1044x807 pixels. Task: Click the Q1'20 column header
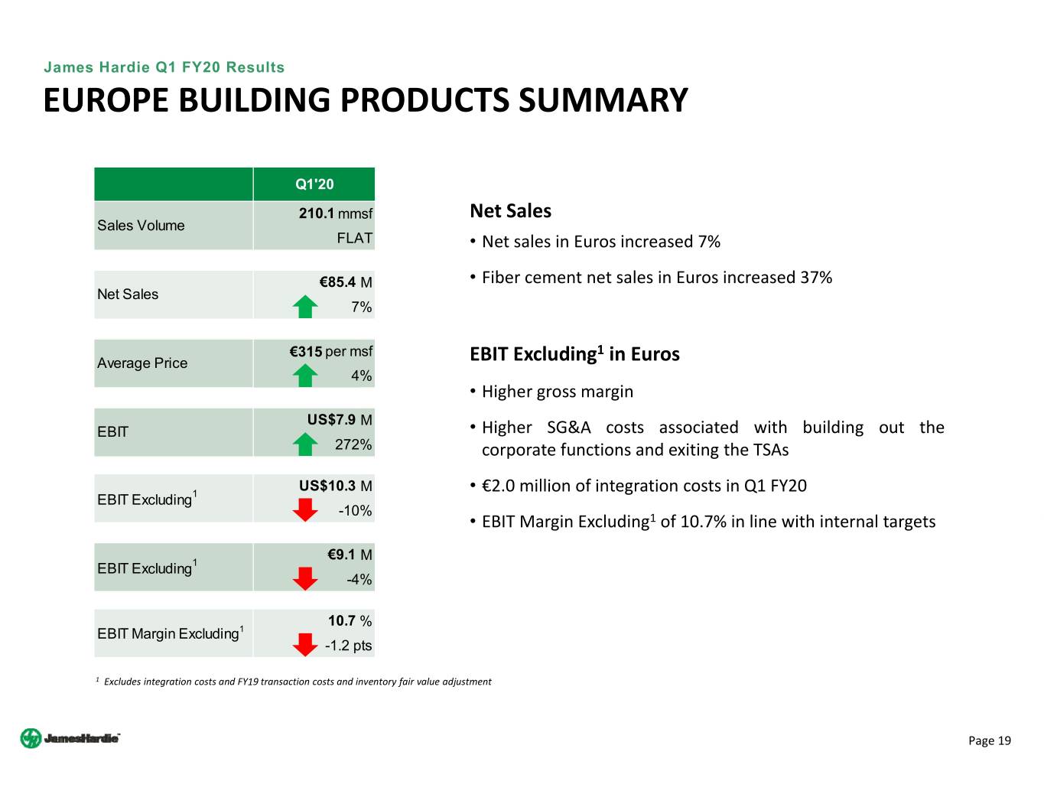tap(314, 184)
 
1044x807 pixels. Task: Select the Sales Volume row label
tap(141, 226)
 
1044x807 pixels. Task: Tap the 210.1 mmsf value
tap(335, 213)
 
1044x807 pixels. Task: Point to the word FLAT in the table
tap(354, 238)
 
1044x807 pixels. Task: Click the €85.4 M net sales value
tap(345, 282)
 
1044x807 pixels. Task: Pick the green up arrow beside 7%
tap(305, 307)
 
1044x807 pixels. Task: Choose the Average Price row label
tap(142, 363)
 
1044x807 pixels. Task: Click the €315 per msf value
tap(330, 352)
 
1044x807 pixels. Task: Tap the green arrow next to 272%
tap(305, 444)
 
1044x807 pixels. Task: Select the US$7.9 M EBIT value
tap(340, 420)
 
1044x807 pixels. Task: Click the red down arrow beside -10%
tap(305, 509)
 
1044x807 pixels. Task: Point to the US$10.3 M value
tap(335, 486)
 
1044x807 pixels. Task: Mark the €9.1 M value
tap(350, 555)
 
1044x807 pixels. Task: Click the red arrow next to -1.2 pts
tap(305, 645)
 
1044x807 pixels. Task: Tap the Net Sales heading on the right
tap(510, 211)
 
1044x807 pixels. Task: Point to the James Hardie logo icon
tap(31, 738)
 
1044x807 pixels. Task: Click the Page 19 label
tap(989, 740)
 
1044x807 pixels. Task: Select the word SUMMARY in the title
tap(603, 101)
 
